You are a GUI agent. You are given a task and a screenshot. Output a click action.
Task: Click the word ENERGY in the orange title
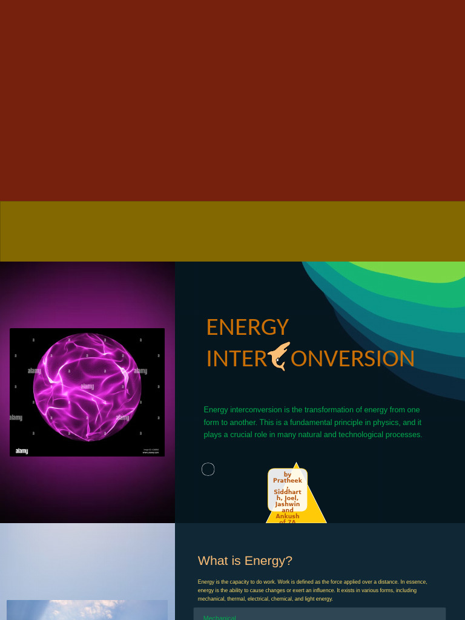pyautogui.click(x=247, y=327)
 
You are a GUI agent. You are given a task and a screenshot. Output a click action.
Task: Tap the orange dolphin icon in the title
pyautogui.click(x=279, y=356)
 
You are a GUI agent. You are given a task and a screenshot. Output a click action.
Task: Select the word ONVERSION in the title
pyautogui.click(x=352, y=358)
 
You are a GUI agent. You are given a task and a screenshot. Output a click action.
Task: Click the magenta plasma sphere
pyautogui.click(x=87, y=387)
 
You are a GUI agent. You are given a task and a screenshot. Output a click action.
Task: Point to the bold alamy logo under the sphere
pyautogui.click(x=22, y=450)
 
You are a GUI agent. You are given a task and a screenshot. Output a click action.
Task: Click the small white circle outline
pyautogui.click(x=208, y=469)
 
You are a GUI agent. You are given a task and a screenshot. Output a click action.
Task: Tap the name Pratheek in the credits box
pyautogui.click(x=288, y=481)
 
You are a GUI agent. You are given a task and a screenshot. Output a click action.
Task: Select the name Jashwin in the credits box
pyautogui.click(x=288, y=504)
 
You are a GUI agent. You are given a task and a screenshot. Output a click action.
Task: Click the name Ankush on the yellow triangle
pyautogui.click(x=288, y=516)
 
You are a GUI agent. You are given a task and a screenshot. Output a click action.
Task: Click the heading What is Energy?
pyautogui.click(x=245, y=561)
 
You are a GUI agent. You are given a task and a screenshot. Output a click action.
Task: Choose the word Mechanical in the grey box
pyautogui.click(x=220, y=617)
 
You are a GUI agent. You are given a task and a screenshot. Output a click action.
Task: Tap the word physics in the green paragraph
pyautogui.click(x=385, y=422)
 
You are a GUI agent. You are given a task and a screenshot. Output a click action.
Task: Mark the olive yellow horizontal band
pyautogui.click(x=232, y=231)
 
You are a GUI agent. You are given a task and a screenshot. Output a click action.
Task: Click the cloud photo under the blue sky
pyautogui.click(x=87, y=610)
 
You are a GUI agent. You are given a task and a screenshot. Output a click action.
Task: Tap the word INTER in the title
pyautogui.click(x=236, y=358)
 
